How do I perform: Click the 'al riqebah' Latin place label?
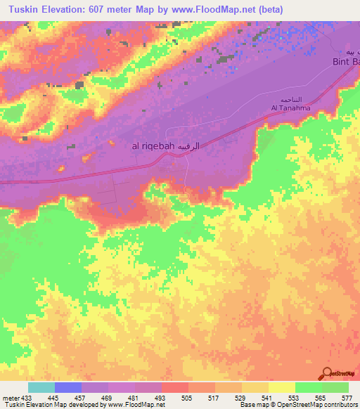pyautogui.click(x=150, y=147)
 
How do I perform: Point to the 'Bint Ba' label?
pyautogui.click(x=345, y=63)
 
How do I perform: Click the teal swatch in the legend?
pyautogui.click(x=41, y=387)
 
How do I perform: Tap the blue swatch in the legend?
pyautogui.click(x=67, y=387)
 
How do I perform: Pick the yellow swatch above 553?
pyautogui.click(x=281, y=387)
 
